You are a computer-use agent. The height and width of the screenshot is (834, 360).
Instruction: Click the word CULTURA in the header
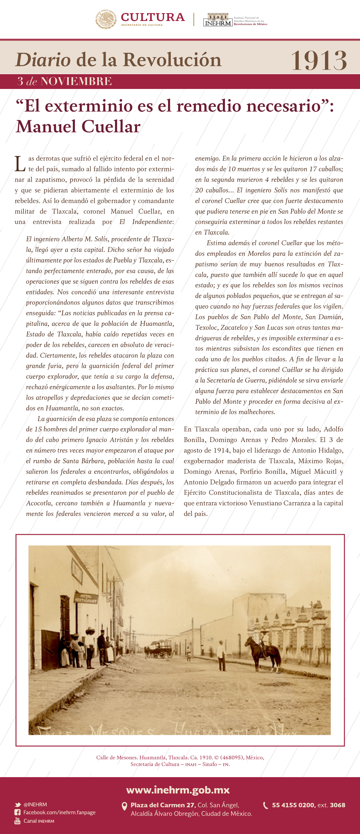153,17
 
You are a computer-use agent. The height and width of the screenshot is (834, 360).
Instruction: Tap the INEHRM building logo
218,20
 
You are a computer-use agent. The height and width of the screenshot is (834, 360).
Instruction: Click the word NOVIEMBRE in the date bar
77,81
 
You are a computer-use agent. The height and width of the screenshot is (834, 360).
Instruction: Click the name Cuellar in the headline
111,127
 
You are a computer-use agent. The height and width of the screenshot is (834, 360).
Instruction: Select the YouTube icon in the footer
18,820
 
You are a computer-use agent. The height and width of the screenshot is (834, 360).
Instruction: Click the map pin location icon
124,806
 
